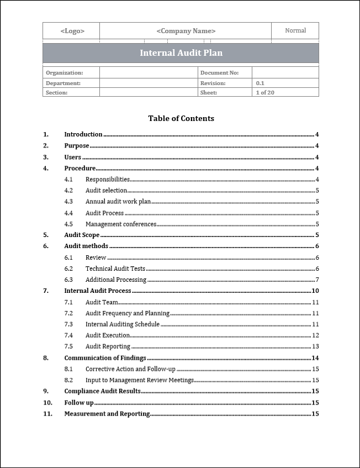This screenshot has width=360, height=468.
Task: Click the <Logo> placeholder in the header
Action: tap(72, 31)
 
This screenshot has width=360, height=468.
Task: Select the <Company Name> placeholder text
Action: tap(186, 31)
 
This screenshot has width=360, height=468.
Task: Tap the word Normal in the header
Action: tap(295, 30)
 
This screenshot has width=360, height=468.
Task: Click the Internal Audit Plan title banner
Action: tap(181, 53)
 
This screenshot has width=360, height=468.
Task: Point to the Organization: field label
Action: tap(64, 73)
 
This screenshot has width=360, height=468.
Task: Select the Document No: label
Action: tap(219, 73)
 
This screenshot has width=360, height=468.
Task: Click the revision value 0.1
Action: tap(260, 83)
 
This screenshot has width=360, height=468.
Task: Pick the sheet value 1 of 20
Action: tap(265, 93)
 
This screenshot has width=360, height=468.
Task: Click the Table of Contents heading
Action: tap(181, 118)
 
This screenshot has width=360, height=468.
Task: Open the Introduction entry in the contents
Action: tap(83, 134)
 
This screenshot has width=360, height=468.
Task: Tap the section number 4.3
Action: tap(68, 202)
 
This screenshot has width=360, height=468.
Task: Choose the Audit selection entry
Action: tap(106, 191)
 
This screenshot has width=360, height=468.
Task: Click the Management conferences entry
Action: tap(121, 224)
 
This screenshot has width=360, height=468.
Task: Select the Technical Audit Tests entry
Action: tap(115, 269)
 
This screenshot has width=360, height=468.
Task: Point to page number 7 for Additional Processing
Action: tap(317, 280)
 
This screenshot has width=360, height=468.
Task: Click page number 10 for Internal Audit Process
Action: tap(315, 291)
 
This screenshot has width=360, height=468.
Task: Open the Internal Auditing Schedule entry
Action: tap(122, 324)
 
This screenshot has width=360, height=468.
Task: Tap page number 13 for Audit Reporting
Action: tap(315, 346)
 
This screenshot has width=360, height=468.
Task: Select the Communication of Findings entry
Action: tap(105, 358)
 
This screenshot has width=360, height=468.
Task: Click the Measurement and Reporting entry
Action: tap(107, 414)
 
